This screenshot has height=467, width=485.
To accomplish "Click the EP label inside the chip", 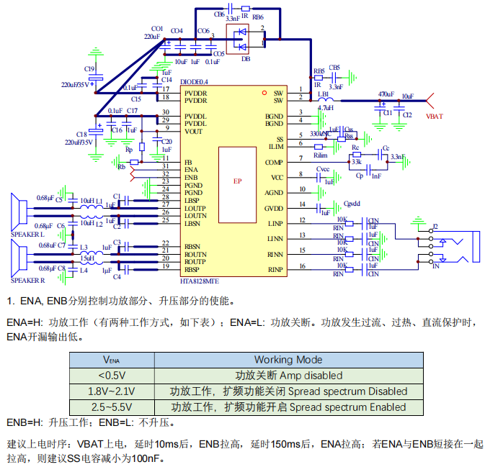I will (237, 181).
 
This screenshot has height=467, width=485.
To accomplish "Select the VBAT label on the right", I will (435, 115).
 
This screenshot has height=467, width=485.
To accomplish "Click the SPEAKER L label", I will (27, 235).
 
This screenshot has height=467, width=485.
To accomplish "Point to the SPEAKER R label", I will (27, 279).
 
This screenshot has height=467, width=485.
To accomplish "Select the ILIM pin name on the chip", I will (275, 146).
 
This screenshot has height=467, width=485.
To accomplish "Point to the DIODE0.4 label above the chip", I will (195, 82).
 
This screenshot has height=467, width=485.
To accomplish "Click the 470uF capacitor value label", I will (386, 95).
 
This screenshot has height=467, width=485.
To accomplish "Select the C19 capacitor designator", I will (89, 69).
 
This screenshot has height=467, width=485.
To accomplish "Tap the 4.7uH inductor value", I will (325, 108).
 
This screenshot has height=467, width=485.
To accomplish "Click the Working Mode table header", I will (288, 360).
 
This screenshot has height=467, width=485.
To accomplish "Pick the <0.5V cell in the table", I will (112, 376).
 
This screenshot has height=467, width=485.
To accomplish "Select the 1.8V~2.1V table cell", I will (112, 391).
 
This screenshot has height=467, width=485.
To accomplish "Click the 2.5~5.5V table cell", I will (112, 407).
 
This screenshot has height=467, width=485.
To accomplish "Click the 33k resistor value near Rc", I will (356, 161).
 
